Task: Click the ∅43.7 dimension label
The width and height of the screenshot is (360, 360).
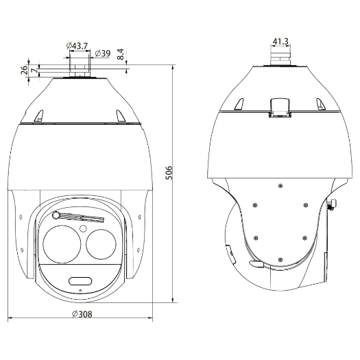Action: click(77, 45)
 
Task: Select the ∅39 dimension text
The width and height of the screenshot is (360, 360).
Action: click(103, 53)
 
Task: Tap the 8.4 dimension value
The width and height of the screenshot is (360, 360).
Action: click(120, 54)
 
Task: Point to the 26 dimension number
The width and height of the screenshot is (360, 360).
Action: click(25, 69)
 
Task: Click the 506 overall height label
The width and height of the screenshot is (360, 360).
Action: click(168, 173)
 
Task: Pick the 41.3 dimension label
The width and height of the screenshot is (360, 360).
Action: click(280, 42)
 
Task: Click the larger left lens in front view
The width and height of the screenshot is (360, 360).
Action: click(62, 243)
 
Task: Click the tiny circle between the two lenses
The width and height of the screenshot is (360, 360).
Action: click(82, 228)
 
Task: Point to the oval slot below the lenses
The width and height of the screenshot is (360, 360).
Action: click(79, 280)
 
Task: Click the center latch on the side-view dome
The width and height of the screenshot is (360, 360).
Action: click(279, 106)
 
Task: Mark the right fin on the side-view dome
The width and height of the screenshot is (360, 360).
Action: click(320, 103)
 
